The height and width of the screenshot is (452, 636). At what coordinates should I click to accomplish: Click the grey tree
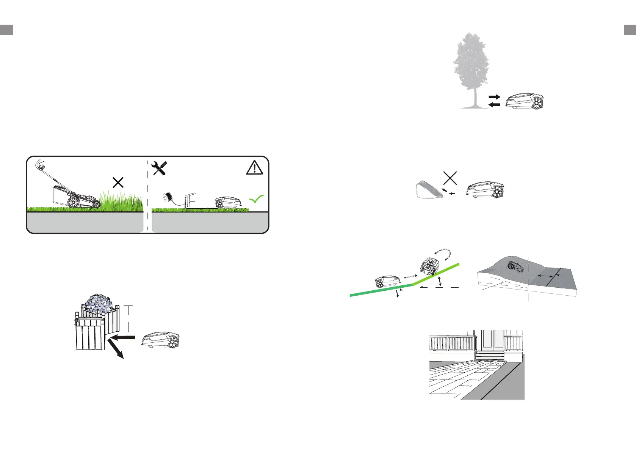click(471, 65)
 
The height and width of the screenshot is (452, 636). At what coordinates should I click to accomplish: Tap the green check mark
click(257, 199)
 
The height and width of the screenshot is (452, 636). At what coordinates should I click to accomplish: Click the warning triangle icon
click(254, 167)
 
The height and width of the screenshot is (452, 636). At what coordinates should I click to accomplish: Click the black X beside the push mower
click(118, 183)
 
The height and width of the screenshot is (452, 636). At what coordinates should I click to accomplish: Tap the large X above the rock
click(450, 178)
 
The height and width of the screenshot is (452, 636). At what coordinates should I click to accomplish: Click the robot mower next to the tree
click(524, 101)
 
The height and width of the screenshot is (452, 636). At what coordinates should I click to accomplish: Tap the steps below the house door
click(490, 356)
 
